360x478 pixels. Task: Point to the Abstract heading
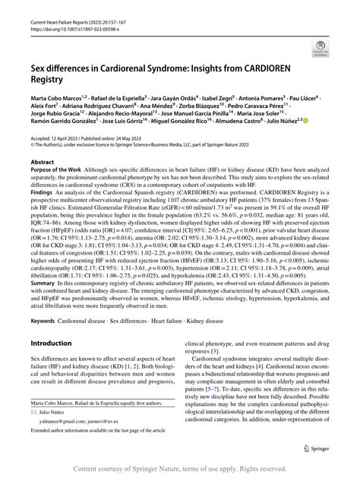tap(42, 163)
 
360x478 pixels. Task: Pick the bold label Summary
tap(43, 280)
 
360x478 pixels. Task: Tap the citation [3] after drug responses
tap(216, 353)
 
